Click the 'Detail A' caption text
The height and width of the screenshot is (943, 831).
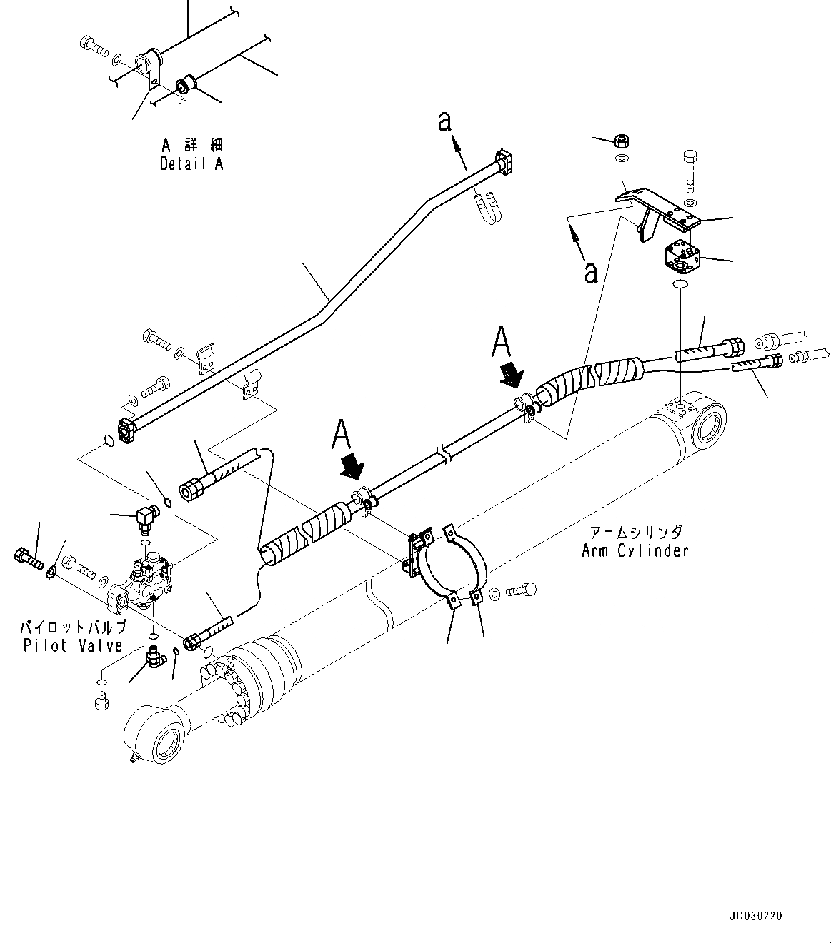point(191,163)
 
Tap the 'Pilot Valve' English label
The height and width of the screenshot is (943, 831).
point(73,646)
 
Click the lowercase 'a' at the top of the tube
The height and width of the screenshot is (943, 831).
point(445,123)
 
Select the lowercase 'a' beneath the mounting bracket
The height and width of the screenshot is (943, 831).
point(591,271)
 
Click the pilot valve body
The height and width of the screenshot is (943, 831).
point(144,583)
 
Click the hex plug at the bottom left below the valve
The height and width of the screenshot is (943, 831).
point(101,702)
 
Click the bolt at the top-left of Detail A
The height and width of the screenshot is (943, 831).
point(93,46)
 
